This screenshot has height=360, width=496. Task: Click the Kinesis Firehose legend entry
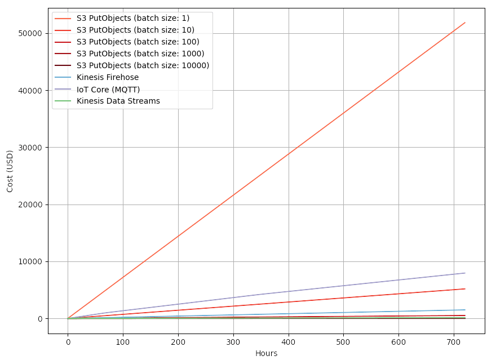pyautogui.click(x=108, y=77)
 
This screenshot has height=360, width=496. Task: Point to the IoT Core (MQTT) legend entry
pyautogui.click(x=108, y=89)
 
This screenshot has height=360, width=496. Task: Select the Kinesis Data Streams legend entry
pyautogui.click(x=118, y=101)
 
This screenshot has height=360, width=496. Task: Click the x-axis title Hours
pyautogui.click(x=267, y=353)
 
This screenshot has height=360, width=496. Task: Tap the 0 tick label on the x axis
pyautogui.click(x=68, y=341)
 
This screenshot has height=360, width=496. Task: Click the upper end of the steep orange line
pyautogui.click(x=465, y=23)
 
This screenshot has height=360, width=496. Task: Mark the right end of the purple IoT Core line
pyautogui.click(x=465, y=273)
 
